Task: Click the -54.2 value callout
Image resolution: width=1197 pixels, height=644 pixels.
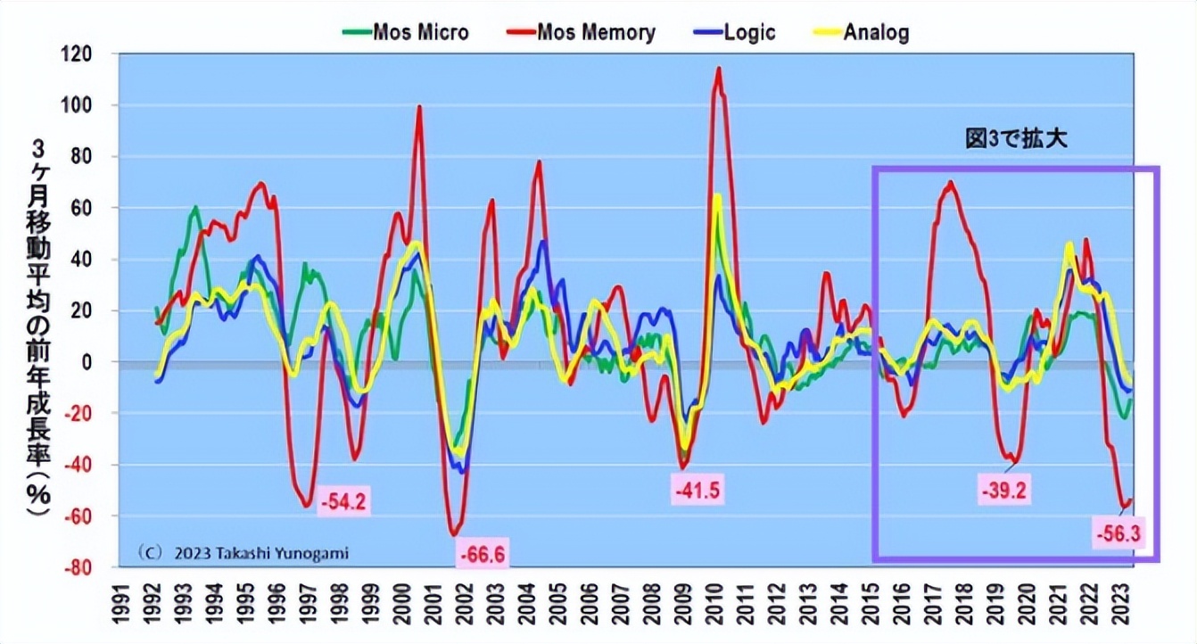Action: pos(343,501)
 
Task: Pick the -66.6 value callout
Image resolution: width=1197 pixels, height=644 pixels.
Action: pos(483,555)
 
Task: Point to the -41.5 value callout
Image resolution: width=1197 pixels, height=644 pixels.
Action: pos(696,490)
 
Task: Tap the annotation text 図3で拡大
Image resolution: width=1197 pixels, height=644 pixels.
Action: pos(1017,139)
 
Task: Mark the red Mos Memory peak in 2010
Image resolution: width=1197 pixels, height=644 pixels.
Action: pos(718,69)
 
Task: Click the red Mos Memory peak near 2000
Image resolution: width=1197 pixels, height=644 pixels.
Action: pos(419,107)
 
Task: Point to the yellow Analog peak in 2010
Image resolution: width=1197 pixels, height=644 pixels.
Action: pos(717,195)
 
